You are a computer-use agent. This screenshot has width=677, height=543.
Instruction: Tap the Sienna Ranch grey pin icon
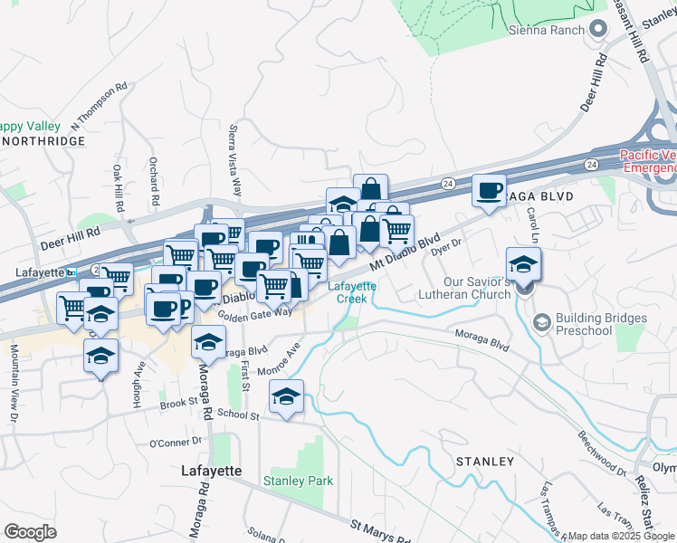coord(596,30)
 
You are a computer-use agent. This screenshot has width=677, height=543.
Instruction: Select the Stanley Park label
coord(298,481)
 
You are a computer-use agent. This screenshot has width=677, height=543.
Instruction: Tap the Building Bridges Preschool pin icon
coord(541,321)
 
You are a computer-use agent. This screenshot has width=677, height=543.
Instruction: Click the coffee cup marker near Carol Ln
coord(490,191)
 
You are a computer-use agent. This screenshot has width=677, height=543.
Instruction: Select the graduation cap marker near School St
coord(286,397)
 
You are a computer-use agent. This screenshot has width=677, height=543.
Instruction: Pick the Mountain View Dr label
coord(14,383)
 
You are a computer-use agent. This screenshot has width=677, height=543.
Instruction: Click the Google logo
coord(30,531)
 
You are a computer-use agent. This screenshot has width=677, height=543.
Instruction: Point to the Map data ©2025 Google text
coord(622,536)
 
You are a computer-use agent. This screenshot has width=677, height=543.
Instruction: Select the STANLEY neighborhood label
coord(484,462)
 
